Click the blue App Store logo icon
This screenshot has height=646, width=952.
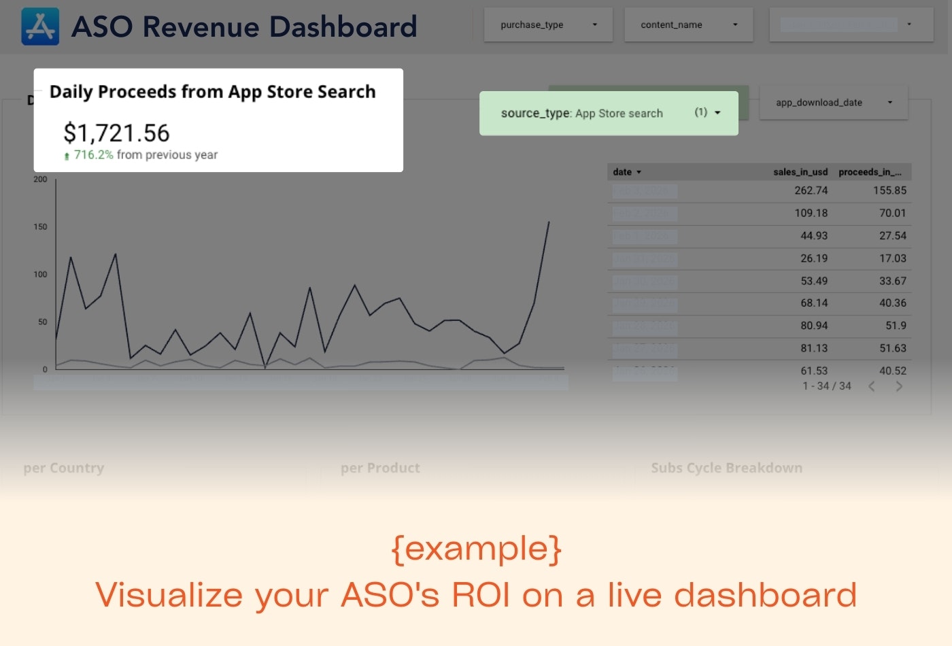coord(40,27)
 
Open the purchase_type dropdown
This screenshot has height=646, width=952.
coord(548,25)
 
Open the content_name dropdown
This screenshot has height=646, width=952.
coord(688,25)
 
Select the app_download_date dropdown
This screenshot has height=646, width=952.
coord(833,103)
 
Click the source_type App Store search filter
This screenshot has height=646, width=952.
coord(609,114)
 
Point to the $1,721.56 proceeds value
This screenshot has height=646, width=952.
coord(116,133)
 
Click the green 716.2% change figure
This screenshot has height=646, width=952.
coord(93,155)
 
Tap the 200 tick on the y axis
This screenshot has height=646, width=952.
coord(40,180)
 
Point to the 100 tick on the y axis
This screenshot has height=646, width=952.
coord(40,275)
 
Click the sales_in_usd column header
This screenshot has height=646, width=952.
coord(800,172)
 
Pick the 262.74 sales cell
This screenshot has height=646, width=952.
coord(811,191)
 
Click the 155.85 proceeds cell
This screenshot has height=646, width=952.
coord(889,191)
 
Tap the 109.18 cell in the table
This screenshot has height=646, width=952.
coord(811,214)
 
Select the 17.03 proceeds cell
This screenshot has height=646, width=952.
coord(892,258)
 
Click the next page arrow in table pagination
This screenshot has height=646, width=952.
coord(899,386)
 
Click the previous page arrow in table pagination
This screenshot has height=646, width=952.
coord(871,386)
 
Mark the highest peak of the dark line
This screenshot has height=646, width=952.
coord(549,222)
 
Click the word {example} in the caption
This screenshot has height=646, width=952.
coord(476,548)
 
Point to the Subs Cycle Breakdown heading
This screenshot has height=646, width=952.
coord(726,468)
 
